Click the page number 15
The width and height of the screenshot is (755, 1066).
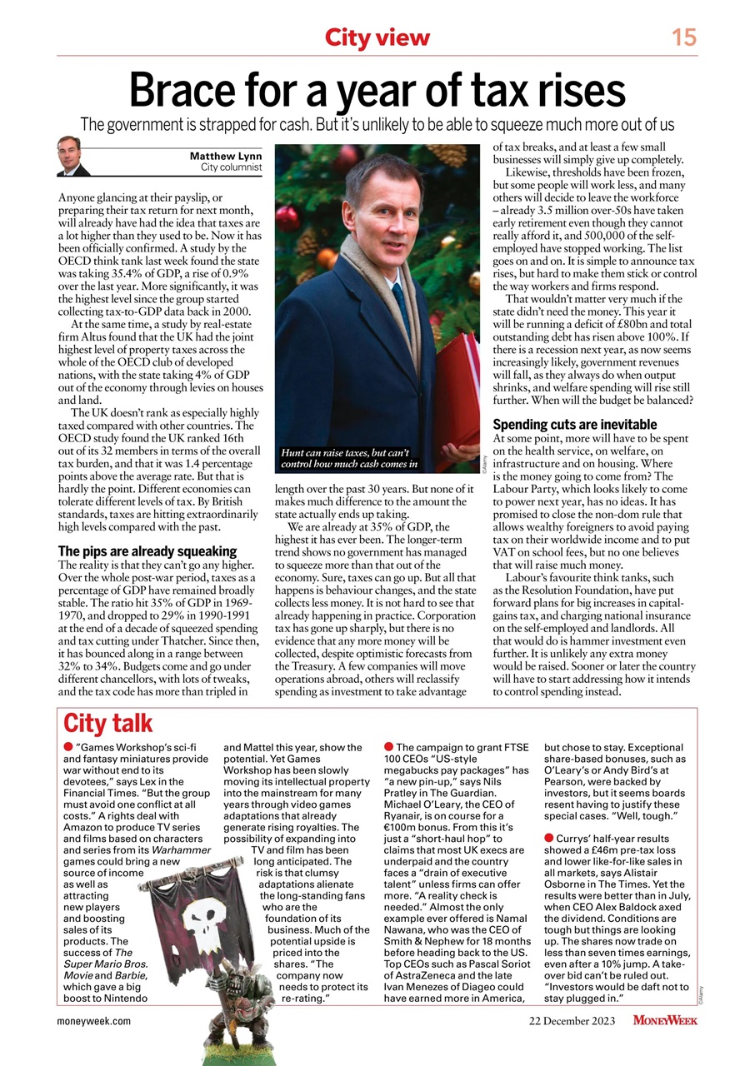coord(684,37)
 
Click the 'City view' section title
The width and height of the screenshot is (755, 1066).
coord(377,37)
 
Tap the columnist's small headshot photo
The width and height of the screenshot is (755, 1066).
coord(73,157)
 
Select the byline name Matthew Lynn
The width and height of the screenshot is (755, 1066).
coord(226,156)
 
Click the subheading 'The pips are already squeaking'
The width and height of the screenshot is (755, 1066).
coord(147,551)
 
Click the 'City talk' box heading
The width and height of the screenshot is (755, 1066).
coord(108,723)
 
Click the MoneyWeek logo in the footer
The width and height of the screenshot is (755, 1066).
coord(665,1020)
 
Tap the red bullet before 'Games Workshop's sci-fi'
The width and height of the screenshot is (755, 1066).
coord(67,747)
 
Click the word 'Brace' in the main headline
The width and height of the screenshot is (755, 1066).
coord(184,91)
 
